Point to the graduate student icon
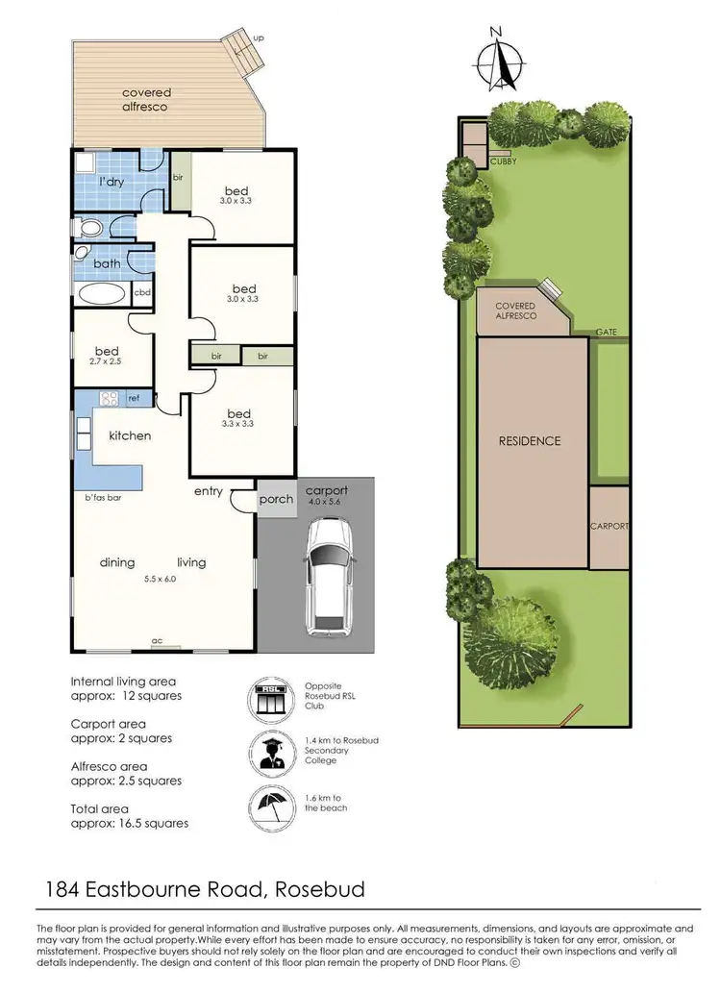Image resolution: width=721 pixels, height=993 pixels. pos(270,752)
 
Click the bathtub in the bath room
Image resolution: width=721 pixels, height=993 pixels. pos(101,293)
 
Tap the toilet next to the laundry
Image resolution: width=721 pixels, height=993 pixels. pos(90,228)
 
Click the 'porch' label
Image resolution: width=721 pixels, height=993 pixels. pos(276,499)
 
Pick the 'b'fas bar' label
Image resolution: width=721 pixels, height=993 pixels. pos(102,498)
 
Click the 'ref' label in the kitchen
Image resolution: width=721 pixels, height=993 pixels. pos(134,398)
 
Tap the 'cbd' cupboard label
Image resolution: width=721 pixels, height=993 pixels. pos(142,293)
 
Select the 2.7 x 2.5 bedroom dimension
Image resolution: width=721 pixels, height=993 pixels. pos(106,362)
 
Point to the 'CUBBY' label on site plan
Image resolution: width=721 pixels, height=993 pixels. pos(503,161)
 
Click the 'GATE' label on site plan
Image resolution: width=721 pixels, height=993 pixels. pos(606,332)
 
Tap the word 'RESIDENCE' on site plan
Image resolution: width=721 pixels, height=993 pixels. pos(529,441)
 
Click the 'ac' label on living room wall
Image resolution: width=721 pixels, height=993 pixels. pos(156,638)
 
